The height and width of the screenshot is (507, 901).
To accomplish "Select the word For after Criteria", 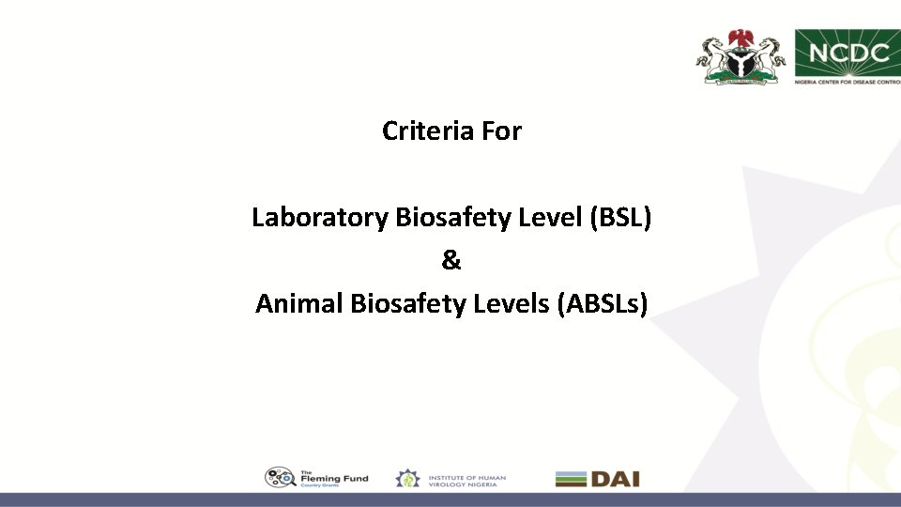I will tap(501, 131).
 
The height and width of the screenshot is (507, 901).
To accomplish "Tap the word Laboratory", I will tap(320, 218).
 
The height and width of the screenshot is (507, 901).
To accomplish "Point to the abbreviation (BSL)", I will tap(619, 218).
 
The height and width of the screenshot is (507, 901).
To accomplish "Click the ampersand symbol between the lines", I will tap(451, 261).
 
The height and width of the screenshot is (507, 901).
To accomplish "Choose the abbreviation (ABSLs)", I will tap(602, 304).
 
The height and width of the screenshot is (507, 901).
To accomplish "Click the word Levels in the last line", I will tap(515, 304).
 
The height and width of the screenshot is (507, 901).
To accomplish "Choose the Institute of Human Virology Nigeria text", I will tap(466, 479).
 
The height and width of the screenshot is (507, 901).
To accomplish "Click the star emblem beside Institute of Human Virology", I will tap(407, 479).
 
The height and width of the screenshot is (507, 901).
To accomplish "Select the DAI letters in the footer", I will tap(615, 479).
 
